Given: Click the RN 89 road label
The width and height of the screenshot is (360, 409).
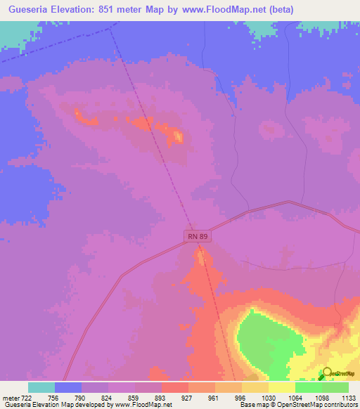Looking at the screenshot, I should coord(198,237).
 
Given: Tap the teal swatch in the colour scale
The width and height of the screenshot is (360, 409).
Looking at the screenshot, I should coord(41,387).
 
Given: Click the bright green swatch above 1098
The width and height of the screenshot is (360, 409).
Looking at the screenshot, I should coord(309,387).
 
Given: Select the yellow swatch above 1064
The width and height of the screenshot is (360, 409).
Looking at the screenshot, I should coord(282,387).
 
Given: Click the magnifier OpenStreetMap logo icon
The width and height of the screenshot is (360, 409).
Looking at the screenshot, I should coord(326,375).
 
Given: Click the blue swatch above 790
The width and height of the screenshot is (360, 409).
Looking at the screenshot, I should coord(68,387).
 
